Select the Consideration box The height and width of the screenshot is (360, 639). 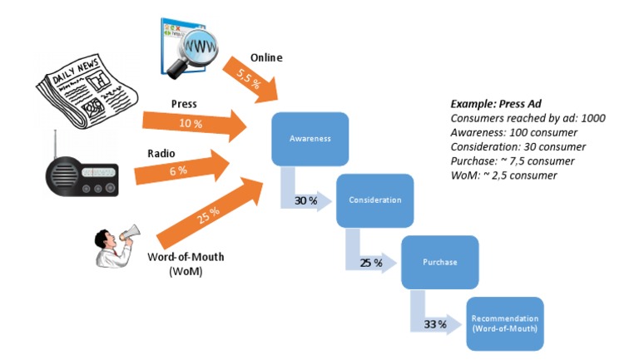coord(374,200)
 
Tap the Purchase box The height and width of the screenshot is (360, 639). coord(439,262)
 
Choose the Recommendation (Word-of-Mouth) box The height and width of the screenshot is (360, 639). coord(504,323)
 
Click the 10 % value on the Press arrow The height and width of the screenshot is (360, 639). coord(191,123)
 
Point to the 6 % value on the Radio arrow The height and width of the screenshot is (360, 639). coord(178,170)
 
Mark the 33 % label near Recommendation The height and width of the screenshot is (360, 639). coord(430,323)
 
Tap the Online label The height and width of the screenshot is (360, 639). coord(266,57)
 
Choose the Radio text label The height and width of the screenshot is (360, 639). coord(161,153)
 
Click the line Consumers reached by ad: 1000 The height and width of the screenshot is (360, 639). coord(527,118)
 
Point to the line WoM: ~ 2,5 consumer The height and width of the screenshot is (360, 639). coord(503,175)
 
